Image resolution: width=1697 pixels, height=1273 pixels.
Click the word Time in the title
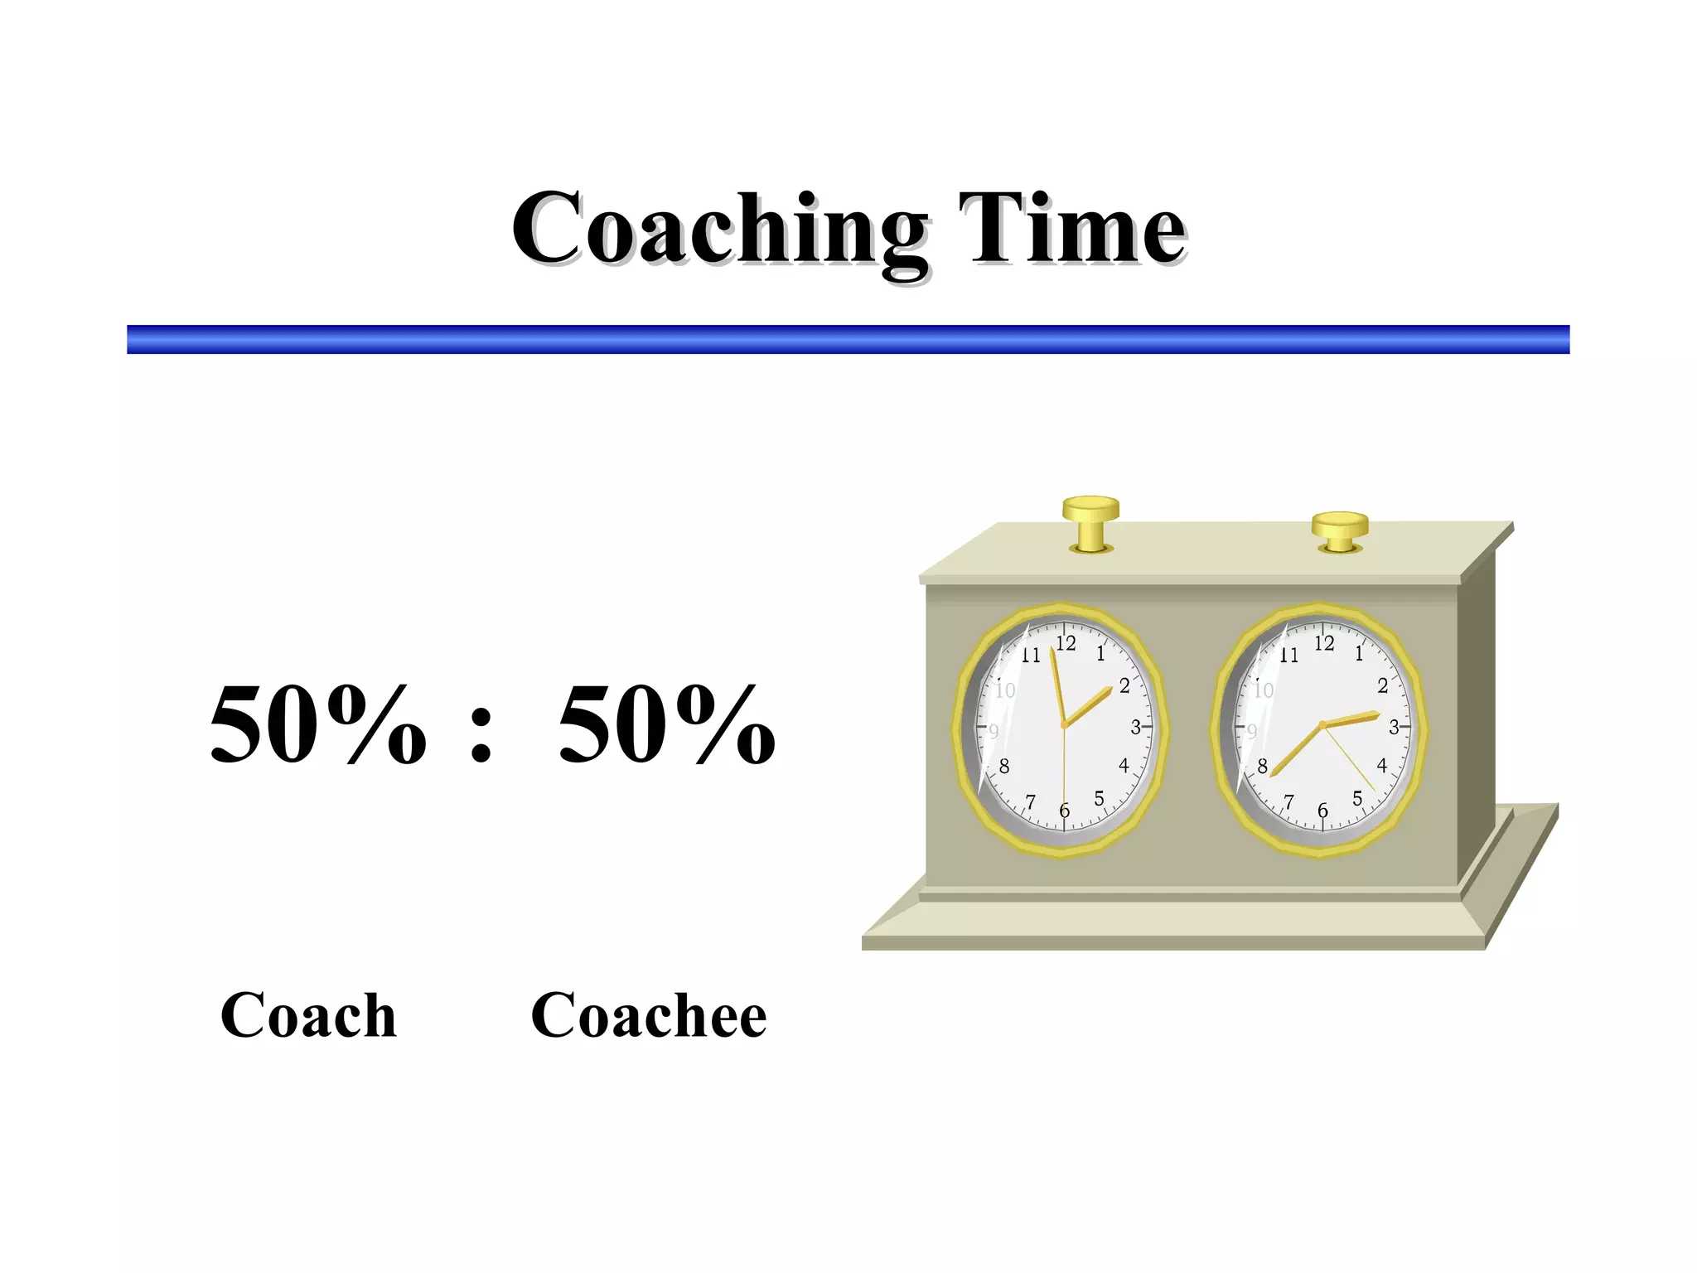pos(1072,228)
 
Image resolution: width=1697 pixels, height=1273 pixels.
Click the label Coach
pos(308,1014)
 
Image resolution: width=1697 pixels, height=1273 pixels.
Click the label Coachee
pos(649,1014)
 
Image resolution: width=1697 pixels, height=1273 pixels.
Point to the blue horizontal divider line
pos(848,339)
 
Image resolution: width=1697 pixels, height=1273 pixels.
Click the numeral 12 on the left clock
pos(1066,642)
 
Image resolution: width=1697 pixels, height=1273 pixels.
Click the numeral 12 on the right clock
pos(1324,642)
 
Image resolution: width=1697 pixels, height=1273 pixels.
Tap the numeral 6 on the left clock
pos(1065,811)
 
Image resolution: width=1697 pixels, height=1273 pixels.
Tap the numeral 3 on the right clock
pos(1394,727)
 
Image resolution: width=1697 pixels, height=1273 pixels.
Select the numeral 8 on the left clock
pos(1004,766)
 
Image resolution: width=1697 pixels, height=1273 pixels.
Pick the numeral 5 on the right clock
pos(1357,798)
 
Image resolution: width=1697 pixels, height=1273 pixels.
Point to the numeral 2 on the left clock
pos(1124,685)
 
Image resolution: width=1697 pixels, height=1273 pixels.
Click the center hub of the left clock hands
pos(1065,725)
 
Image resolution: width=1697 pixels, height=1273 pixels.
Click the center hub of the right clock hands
pos(1322,725)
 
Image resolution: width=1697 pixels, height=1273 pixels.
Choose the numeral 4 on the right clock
pos(1381,765)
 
